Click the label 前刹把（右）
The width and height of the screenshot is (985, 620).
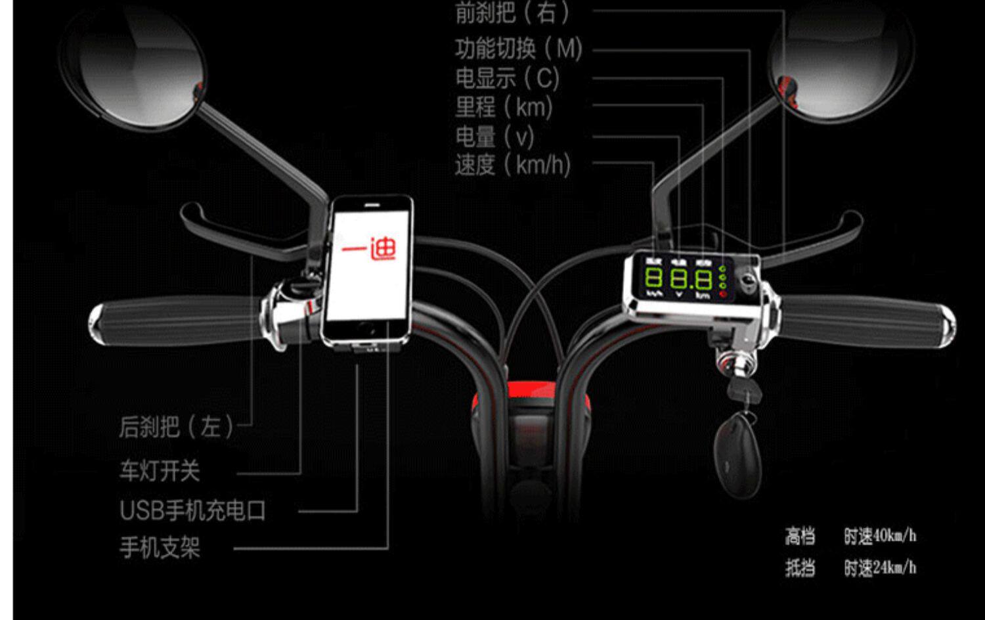(512, 13)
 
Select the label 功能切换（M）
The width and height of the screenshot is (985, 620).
(519, 48)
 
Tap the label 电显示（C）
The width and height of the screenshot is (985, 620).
(508, 78)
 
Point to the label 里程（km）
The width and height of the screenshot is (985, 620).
(504, 107)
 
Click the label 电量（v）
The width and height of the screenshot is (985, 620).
(495, 137)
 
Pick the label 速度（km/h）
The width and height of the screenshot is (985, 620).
(513, 165)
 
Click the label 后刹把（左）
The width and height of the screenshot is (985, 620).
(177, 427)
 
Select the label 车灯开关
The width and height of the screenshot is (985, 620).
(160, 471)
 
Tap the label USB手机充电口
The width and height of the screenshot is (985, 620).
(192, 510)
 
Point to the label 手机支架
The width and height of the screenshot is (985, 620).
(160, 547)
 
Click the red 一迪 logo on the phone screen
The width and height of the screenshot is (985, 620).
(370, 249)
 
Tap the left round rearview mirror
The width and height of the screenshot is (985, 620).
(135, 66)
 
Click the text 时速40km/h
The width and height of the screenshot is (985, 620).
(880, 536)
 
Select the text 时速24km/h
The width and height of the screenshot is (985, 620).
(880, 567)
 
